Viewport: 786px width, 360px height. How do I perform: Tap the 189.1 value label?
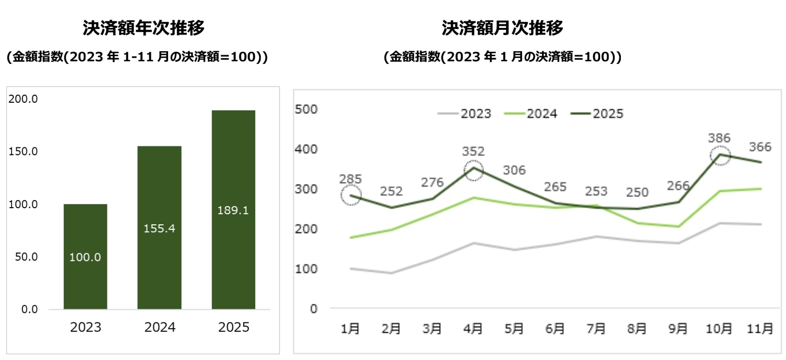tap(233, 210)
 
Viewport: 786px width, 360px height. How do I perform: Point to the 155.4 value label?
tap(159, 228)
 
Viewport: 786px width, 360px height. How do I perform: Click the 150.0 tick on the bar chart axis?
tap(23, 151)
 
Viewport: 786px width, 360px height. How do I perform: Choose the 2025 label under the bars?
tap(233, 328)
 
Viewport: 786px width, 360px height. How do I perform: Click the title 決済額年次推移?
tap(143, 28)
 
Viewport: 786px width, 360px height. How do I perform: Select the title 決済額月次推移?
tap(502, 28)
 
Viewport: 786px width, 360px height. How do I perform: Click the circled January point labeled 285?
tap(350, 195)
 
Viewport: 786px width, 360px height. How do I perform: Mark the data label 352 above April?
tap(473, 151)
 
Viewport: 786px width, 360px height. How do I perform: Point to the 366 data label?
tap(760, 147)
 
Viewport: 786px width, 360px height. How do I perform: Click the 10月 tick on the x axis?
tap(719, 329)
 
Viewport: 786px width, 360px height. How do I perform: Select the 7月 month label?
tap(596, 329)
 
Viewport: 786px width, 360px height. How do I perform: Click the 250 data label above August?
tap(637, 192)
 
